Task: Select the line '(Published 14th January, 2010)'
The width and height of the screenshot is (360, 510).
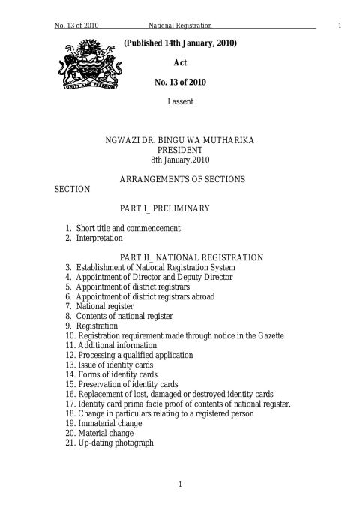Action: (x=180, y=43)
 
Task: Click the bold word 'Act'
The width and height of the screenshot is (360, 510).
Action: (x=180, y=64)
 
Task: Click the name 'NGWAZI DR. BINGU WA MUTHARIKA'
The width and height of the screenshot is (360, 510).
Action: (x=180, y=140)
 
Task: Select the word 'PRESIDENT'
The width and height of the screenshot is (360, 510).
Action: (x=180, y=150)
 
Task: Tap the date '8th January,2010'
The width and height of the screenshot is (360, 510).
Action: (x=180, y=160)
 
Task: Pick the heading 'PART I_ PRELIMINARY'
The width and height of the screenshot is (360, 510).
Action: (x=180, y=208)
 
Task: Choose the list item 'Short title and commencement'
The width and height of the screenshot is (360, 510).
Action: (x=127, y=228)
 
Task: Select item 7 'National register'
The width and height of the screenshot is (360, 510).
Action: (x=105, y=306)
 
